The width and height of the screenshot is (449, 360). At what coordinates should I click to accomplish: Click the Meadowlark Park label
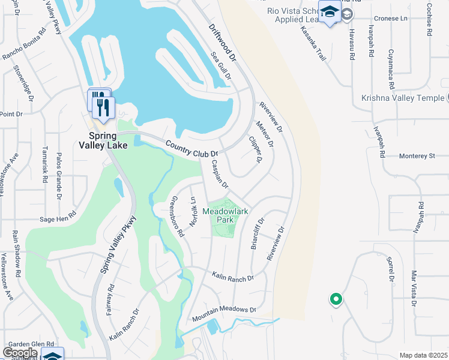coord(226,216)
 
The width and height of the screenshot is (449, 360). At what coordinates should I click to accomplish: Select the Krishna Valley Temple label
coord(405,98)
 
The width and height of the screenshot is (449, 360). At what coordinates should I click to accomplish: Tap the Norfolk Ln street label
coord(193,212)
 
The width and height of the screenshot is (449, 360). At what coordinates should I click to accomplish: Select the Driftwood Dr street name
coord(223,44)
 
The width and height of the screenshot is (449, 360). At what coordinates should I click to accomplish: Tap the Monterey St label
coord(417,156)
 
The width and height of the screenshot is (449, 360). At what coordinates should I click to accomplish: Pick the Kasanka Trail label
coord(313,43)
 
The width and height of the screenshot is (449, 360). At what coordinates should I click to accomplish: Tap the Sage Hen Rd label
coord(58,216)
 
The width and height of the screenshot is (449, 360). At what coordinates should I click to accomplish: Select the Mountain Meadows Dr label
coord(224,313)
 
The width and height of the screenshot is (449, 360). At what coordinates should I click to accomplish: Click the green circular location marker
coord(336,298)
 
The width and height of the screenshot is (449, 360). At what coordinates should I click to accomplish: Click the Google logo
coord(20,353)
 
